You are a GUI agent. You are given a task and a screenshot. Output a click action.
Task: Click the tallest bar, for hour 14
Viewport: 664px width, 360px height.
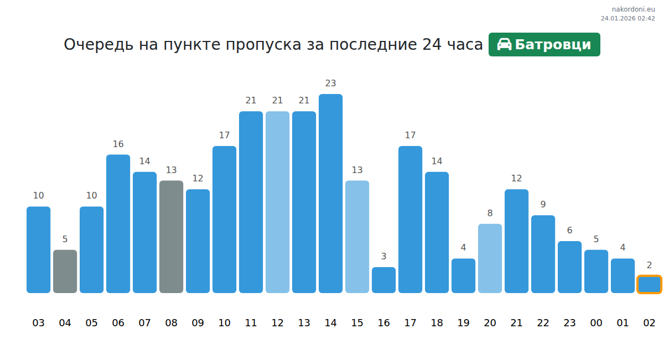point(330,193)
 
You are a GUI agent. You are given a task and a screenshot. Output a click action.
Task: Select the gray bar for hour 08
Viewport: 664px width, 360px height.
point(171,236)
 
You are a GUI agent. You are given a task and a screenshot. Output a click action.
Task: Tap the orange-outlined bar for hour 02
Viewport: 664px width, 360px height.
point(649,284)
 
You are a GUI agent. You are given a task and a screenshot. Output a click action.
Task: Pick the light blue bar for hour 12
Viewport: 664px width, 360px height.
point(277,202)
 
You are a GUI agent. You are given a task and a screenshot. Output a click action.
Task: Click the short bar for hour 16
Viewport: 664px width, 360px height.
point(383,280)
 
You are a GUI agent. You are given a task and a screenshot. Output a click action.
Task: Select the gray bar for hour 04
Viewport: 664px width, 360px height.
point(65,271)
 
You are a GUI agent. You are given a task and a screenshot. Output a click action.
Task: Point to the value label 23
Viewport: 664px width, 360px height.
point(330,84)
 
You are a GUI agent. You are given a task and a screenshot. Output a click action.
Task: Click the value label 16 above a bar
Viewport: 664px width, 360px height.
point(118,144)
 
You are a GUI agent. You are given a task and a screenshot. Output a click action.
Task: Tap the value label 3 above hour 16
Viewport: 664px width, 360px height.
point(383,257)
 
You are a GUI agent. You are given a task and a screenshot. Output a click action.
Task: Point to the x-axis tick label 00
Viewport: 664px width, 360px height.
point(596,323)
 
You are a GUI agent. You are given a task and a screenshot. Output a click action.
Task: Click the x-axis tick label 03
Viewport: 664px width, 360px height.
point(38,323)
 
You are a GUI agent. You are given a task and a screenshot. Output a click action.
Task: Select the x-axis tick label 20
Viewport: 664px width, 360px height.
point(490,323)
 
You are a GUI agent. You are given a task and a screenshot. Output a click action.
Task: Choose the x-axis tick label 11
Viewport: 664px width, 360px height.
point(251,323)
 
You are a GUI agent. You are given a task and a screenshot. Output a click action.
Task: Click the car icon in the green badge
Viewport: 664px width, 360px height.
point(504,45)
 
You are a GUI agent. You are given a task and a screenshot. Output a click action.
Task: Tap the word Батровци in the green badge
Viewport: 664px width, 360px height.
point(553,45)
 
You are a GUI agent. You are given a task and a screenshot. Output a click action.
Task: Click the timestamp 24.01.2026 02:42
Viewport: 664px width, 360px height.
point(627,18)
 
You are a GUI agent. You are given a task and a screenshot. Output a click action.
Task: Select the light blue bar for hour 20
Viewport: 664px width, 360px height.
point(490,258)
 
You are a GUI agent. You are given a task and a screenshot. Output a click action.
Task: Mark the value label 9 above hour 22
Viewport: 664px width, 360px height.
point(543,205)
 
